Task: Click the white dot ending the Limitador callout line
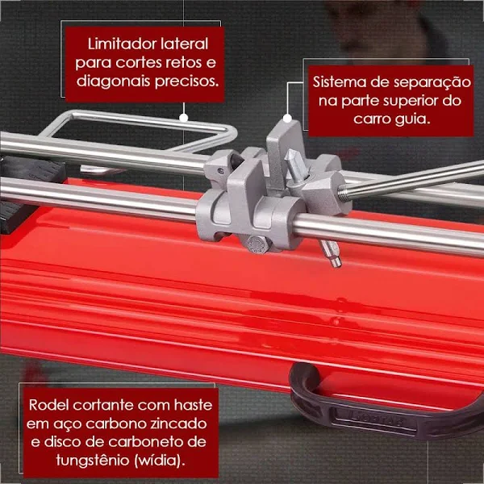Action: click(x=184, y=117)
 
